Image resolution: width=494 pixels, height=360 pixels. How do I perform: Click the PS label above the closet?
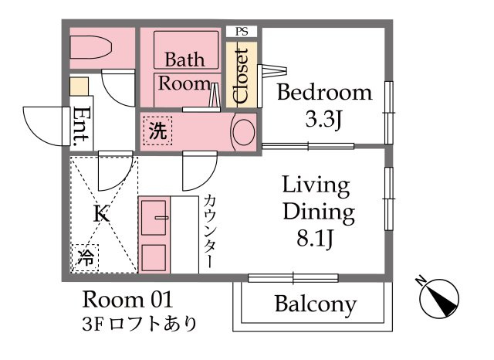coord(242,32)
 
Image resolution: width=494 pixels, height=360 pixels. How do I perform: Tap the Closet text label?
coord(241,76)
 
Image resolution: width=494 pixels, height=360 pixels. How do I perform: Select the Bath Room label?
coord(184,71)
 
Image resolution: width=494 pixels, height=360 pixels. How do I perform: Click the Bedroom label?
coord(324,93)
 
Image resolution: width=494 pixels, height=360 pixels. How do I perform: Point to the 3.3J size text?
coord(324,120)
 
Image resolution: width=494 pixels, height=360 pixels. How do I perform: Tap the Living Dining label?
coord(317,198)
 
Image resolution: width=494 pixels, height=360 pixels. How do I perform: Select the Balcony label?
coord(315,304)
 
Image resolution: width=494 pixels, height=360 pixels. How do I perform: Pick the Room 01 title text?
coord(127,299)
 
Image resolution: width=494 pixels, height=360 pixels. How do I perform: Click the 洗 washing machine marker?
coord(157,131)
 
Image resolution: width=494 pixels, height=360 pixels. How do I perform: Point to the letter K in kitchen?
coord(99,214)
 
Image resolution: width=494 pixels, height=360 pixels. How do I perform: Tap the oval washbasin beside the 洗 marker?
coord(244,131)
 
